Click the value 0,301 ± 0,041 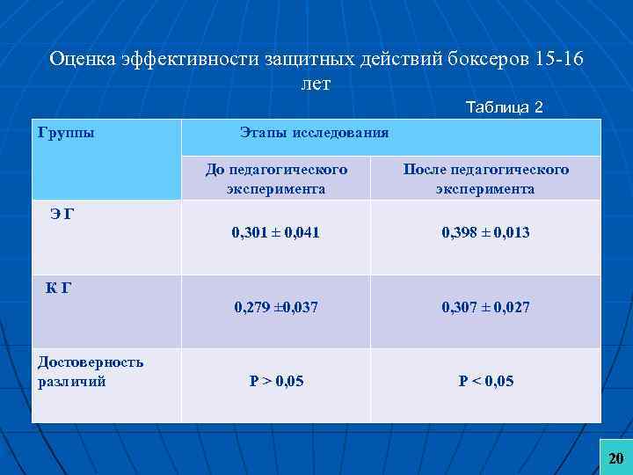point(275,233)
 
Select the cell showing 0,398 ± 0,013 point(485,233)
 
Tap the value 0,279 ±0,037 point(275,307)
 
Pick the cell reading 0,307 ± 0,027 point(485,307)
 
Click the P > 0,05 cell point(275,381)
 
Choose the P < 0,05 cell point(485,381)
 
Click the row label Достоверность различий point(91,371)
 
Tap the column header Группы point(67,133)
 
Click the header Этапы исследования point(314,133)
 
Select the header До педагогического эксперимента point(275,179)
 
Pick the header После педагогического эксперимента point(485,179)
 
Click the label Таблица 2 point(504,107)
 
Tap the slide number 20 point(615,458)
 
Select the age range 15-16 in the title point(554,60)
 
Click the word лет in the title point(314,84)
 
